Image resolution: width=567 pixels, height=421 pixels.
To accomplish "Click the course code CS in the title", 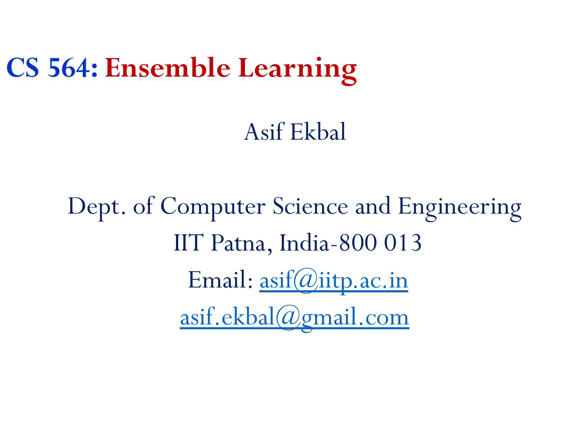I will tap(23, 68).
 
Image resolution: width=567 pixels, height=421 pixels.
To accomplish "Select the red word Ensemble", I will tap(167, 68).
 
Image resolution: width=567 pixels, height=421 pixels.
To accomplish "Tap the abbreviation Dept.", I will tap(97, 206).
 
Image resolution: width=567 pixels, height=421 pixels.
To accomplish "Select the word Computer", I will tap(212, 206).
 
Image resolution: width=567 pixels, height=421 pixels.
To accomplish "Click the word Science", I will tap(310, 206).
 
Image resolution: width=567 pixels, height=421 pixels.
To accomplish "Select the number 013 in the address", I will tap(403, 243).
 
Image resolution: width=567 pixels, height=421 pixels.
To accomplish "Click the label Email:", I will tap(220, 280).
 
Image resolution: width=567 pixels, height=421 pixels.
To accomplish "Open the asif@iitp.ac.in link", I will tap(333, 280).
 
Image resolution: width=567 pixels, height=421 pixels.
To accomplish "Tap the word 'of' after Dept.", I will tap(143, 206).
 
